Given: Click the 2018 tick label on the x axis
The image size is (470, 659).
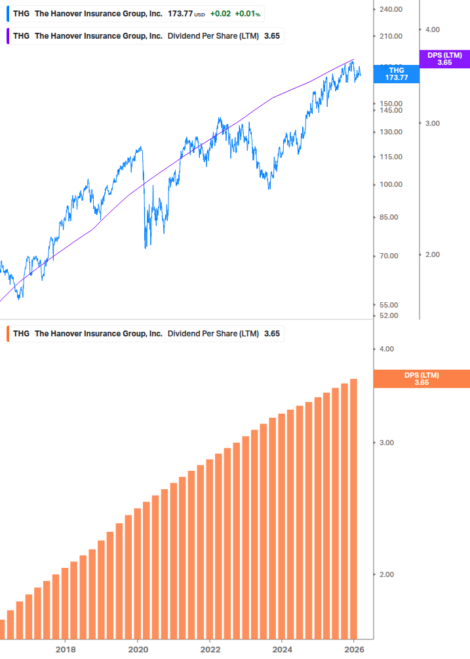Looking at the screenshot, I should pyautogui.click(x=65, y=649).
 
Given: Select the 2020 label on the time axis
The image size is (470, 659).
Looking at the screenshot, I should pyautogui.click(x=138, y=649).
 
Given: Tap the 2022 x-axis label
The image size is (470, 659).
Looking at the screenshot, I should pyautogui.click(x=210, y=649).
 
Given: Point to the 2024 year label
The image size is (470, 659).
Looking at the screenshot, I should pyautogui.click(x=282, y=649).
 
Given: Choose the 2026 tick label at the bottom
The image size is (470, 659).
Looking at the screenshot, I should pyautogui.click(x=354, y=649).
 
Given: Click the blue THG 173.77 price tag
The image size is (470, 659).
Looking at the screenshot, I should pyautogui.click(x=396, y=73).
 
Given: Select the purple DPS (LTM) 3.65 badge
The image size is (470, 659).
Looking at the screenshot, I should pyautogui.click(x=444, y=59).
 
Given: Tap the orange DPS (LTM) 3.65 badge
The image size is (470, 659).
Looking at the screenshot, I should pyautogui.click(x=421, y=378).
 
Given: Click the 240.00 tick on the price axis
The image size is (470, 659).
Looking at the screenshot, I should pyautogui.click(x=390, y=10).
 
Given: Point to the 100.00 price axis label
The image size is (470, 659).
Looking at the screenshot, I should pyautogui.click(x=390, y=184).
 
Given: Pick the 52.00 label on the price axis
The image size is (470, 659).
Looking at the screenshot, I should pyautogui.click(x=390, y=315).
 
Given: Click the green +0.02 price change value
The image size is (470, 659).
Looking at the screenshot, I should pyautogui.click(x=220, y=13).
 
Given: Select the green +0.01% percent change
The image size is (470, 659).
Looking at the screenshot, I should pyautogui.click(x=248, y=13).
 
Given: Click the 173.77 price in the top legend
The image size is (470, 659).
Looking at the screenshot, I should pyautogui.click(x=180, y=13).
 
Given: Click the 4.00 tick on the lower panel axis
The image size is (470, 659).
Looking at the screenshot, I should pyautogui.click(x=386, y=349).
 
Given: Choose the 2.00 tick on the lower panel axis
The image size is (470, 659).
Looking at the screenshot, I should pyautogui.click(x=386, y=574).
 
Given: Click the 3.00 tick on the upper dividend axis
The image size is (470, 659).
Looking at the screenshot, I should pyautogui.click(x=431, y=123).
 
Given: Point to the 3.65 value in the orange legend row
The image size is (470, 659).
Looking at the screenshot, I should pyautogui.click(x=271, y=334).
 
